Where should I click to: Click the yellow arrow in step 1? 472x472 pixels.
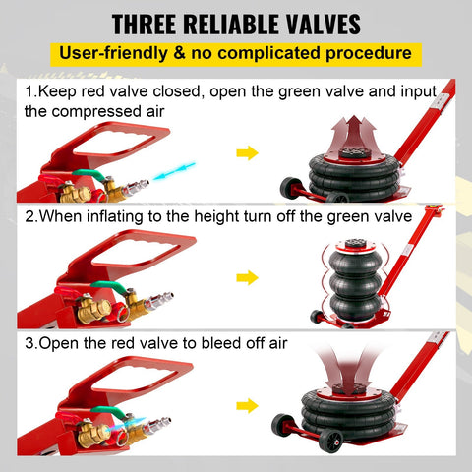click(x=247, y=152)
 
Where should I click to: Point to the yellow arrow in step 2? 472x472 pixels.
click(x=247, y=278)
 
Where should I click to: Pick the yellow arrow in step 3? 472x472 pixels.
click(x=247, y=404)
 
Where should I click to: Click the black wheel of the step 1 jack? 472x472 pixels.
click(x=289, y=187)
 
